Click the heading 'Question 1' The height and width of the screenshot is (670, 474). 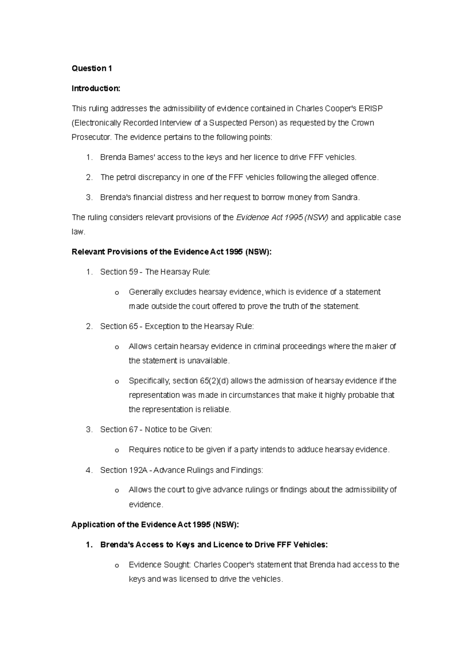pyautogui.click(x=92, y=68)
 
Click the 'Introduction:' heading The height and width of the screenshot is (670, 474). pyautogui.click(x=96, y=88)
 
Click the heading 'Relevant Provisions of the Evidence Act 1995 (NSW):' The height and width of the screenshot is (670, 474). pyautogui.click(x=171, y=252)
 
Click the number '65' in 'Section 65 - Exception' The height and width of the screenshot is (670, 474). pyautogui.click(x=134, y=326)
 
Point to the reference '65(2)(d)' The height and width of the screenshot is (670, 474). pyautogui.click(x=212, y=381)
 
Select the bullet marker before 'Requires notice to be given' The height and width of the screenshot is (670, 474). pyautogui.click(x=117, y=450)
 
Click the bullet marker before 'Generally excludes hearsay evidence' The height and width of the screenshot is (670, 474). pyautogui.click(x=117, y=293)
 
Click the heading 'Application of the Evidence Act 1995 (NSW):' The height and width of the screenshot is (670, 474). pyautogui.click(x=155, y=525)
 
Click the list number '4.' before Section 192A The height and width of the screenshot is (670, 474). pyautogui.click(x=89, y=470)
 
